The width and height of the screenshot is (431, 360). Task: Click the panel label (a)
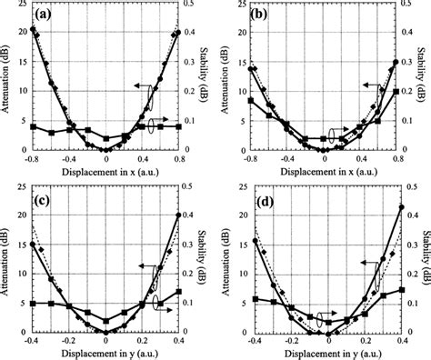click(x=44, y=15)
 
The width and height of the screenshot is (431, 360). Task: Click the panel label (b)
click(x=263, y=15)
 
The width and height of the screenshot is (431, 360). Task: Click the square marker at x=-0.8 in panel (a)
click(x=33, y=127)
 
